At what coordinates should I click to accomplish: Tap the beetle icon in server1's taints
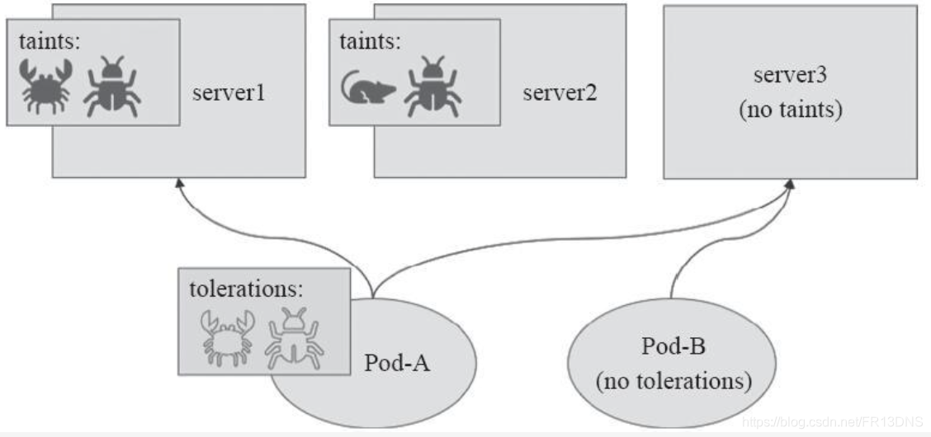pyautogui.click(x=112, y=86)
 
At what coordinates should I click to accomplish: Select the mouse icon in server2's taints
pyautogui.click(x=367, y=87)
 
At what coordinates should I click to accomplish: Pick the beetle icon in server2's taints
pyautogui.click(x=432, y=86)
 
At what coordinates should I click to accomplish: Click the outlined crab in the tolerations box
pyautogui.click(x=225, y=336)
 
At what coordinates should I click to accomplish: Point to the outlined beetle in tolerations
pyautogui.click(x=294, y=336)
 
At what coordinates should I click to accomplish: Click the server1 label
pyautogui.click(x=229, y=92)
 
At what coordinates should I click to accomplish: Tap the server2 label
pyautogui.click(x=560, y=92)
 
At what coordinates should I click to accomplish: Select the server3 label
pyautogui.click(x=789, y=75)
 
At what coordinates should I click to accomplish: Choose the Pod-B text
pyautogui.click(x=673, y=345)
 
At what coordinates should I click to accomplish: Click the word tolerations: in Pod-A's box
pyautogui.click(x=246, y=289)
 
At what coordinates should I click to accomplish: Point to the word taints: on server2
pyautogui.click(x=370, y=41)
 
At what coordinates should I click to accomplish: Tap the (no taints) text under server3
pyautogui.click(x=790, y=110)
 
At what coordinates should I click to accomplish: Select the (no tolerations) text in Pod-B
pyautogui.click(x=673, y=381)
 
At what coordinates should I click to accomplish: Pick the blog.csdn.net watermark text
pyautogui.click(x=834, y=421)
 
